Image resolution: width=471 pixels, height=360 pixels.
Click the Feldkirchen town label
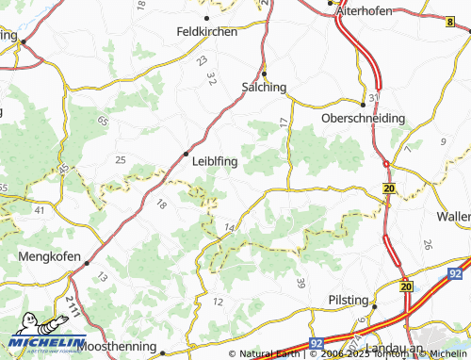(x=206, y=30)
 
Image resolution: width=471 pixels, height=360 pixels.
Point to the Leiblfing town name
(x=214, y=161)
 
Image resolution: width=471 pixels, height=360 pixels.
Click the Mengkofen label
(x=48, y=254)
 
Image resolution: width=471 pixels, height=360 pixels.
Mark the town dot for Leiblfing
(x=187, y=153)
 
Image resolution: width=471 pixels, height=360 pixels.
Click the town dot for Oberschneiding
(x=363, y=104)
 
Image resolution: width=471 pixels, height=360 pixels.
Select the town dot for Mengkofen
(x=87, y=263)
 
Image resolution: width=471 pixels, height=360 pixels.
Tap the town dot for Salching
(x=265, y=73)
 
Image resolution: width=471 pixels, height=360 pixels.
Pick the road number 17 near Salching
(x=284, y=123)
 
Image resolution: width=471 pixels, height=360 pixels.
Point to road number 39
(x=300, y=284)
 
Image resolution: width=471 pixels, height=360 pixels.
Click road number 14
(x=230, y=227)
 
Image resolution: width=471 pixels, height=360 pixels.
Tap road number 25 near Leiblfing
(x=120, y=160)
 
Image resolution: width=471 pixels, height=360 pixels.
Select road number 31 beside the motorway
(x=374, y=97)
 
